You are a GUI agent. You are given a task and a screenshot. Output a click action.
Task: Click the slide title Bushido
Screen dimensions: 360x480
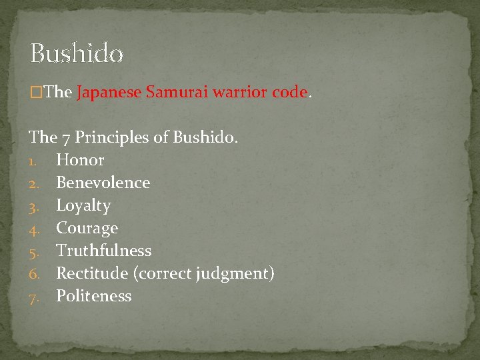77,53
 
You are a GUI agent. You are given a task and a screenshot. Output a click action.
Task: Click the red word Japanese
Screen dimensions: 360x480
109,93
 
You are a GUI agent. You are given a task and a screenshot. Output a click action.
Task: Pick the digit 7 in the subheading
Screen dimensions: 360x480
66,139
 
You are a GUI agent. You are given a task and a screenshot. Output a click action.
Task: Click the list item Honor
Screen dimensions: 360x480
80,160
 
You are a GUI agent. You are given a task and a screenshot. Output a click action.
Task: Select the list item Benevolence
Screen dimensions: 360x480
103,183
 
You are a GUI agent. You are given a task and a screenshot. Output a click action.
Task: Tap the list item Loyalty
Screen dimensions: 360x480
83,205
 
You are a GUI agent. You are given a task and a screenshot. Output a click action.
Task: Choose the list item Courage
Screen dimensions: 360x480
87,228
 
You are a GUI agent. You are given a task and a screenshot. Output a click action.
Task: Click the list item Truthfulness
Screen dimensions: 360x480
103,251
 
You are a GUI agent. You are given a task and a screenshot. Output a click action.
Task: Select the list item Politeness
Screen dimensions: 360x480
93,296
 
